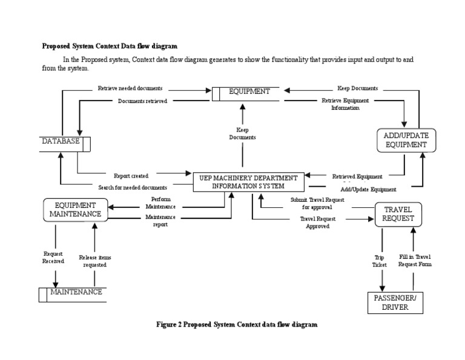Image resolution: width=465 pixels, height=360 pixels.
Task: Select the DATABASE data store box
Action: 64,142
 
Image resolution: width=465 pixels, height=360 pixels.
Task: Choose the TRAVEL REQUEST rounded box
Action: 398,214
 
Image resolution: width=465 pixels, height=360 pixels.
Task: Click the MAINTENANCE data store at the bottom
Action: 72,293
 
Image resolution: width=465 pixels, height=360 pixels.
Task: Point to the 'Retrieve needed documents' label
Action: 130,88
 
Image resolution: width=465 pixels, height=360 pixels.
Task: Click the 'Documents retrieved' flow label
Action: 142,101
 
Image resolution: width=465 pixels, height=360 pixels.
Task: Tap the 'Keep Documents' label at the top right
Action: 357,88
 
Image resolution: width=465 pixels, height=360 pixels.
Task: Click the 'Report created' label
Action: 131,176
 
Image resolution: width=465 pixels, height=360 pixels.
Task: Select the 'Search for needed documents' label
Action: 133,187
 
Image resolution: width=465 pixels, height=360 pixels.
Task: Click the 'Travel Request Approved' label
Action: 318,222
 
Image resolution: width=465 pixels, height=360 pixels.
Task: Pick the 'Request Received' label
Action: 53,258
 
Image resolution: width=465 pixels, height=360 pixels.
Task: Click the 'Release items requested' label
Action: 95,261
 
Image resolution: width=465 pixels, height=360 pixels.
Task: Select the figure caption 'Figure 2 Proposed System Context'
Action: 236,325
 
